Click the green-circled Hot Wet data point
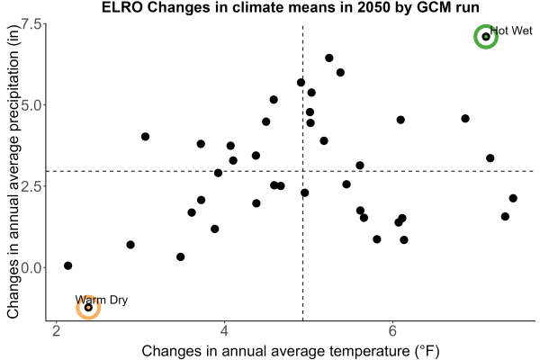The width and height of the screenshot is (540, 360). click(x=486, y=37)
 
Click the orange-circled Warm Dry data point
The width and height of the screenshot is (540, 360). click(x=88, y=307)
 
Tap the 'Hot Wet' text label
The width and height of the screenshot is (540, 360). click(x=511, y=31)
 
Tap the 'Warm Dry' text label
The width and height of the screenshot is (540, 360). click(x=101, y=300)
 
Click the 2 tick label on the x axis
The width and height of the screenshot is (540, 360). click(x=56, y=331)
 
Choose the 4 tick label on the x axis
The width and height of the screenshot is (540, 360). click(x=224, y=331)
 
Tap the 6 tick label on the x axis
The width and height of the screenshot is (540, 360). click(x=392, y=331)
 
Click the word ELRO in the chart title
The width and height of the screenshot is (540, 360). click(x=121, y=7)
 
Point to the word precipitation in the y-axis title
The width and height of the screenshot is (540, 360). click(x=13, y=92)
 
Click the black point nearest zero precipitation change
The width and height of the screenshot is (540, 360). click(x=67, y=265)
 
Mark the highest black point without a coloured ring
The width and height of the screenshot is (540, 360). click(x=329, y=58)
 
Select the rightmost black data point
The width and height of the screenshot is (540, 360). click(x=513, y=198)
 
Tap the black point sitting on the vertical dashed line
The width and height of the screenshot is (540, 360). click(x=305, y=193)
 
